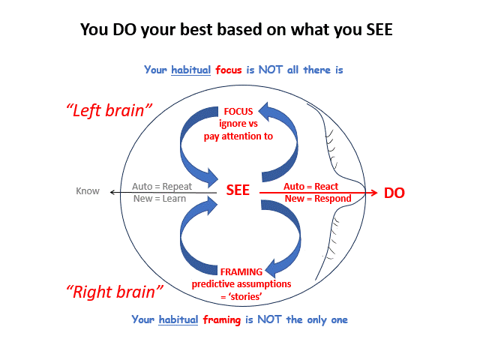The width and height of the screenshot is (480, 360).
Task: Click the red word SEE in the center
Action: point(238,191)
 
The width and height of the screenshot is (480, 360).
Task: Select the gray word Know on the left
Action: point(88,191)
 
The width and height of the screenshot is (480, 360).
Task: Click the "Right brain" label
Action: point(115,292)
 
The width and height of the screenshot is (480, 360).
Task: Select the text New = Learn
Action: point(159,199)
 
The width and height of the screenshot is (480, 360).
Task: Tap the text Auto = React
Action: point(310,185)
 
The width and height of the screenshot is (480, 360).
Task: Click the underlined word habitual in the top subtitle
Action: point(191,70)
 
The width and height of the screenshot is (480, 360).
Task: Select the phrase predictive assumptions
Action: point(241,284)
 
